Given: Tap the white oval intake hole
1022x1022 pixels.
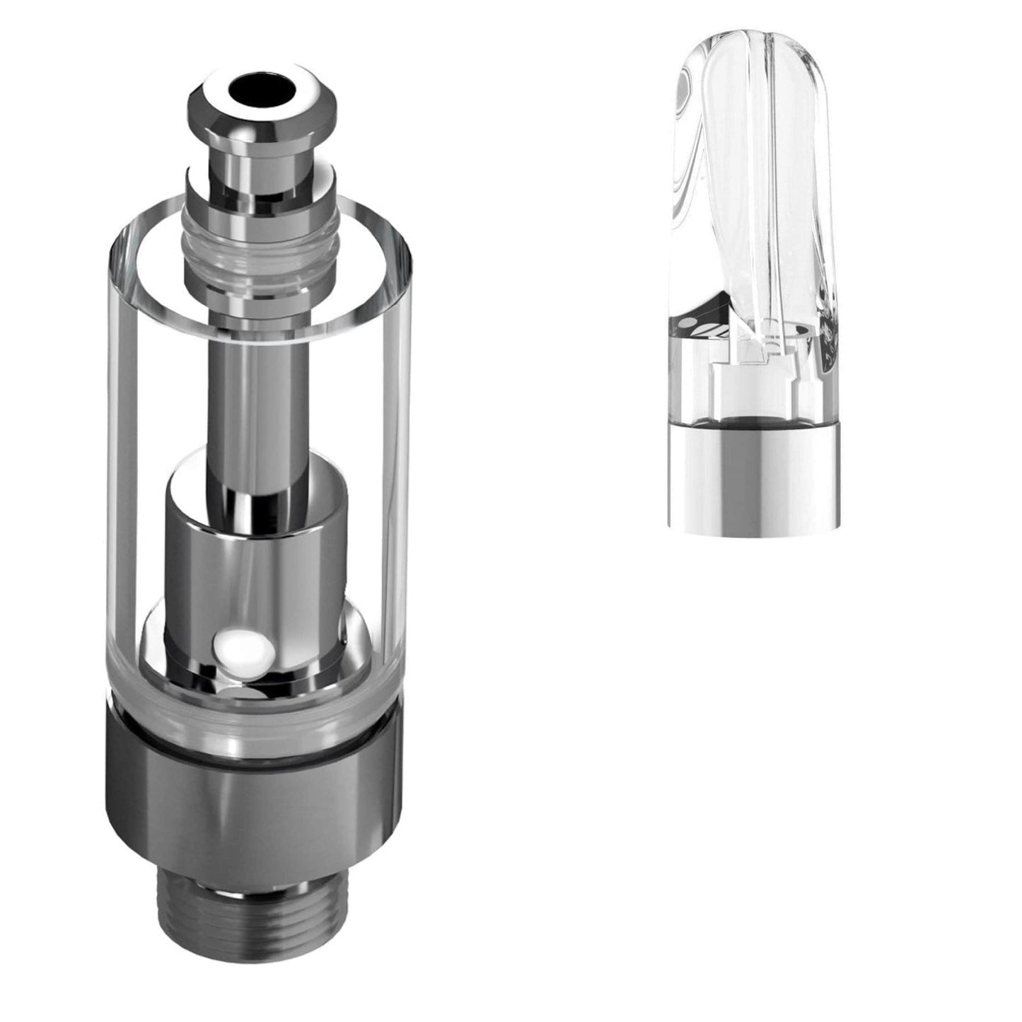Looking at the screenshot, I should pos(238,645).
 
